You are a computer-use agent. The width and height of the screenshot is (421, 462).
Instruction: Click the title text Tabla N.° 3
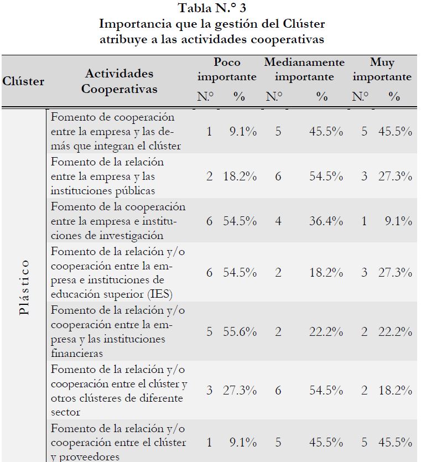pos(212,8)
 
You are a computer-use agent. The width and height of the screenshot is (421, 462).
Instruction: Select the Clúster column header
pos(23,81)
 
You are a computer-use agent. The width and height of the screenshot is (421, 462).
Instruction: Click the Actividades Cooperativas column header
pos(119,81)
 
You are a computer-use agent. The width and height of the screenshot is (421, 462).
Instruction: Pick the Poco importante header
pos(227,69)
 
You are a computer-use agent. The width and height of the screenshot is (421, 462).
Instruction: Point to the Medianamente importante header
pos(304,69)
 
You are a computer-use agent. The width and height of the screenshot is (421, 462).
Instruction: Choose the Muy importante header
pos(382,69)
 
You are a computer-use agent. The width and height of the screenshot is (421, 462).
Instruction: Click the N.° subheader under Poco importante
pos(205,96)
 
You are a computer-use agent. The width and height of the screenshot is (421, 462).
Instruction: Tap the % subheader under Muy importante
pos(394,96)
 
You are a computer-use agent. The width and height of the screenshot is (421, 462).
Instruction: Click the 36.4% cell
pos(326,221)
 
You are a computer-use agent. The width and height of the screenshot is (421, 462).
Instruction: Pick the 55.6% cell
pos(240,331)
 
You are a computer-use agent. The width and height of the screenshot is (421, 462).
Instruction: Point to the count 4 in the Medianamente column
pos(278,221)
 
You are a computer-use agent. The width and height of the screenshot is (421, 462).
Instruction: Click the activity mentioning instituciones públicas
pos(107,177)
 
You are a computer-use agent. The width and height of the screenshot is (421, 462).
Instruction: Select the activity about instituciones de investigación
pos(118,221)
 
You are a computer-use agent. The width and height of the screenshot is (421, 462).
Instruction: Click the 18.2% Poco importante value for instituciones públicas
pos(240,177)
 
